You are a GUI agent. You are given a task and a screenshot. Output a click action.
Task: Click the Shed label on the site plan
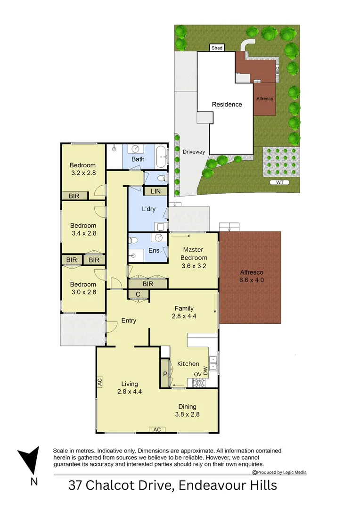point(217,48)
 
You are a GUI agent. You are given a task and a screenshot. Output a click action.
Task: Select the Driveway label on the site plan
point(194,152)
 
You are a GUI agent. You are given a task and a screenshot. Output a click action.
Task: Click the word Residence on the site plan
point(227,105)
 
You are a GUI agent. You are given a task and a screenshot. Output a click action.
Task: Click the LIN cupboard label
point(155,191)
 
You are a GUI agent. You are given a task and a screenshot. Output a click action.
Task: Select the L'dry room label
point(149,209)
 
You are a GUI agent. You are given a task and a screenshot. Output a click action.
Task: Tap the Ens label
point(154,250)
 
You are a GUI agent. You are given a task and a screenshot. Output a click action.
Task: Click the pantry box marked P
point(165,374)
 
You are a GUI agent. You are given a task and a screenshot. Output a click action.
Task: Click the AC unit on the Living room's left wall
point(100,382)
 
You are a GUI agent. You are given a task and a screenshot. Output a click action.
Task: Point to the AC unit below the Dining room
point(157,429)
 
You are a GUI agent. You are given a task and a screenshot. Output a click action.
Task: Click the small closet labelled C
point(138,295)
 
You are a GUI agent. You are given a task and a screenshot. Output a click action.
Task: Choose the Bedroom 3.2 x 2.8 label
point(82,169)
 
